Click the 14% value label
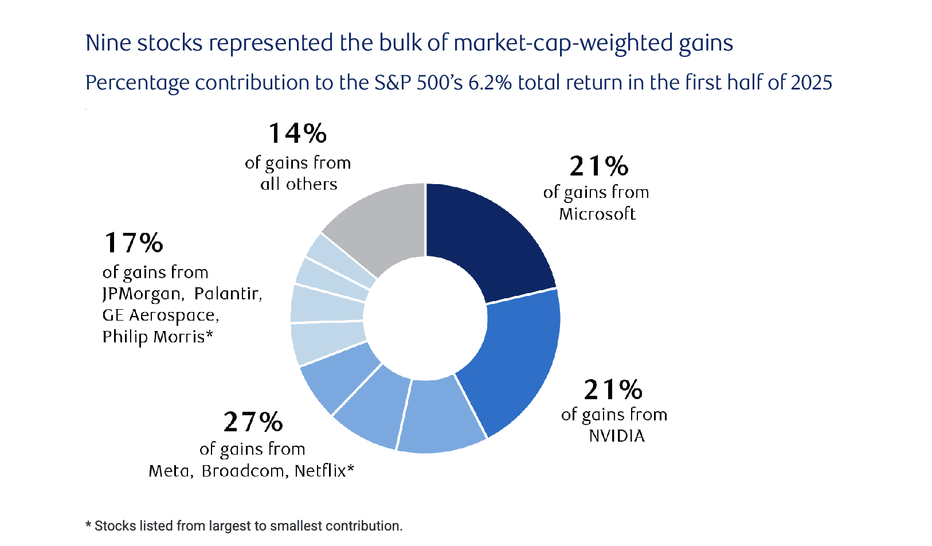[297, 134]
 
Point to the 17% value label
[133, 243]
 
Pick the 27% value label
[253, 422]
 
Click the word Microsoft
[597, 214]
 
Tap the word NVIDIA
[617, 436]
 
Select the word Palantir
[227, 294]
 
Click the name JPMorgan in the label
[142, 294]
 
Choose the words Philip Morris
[153, 337]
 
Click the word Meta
[169, 471]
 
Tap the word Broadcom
[244, 471]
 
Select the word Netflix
[320, 471]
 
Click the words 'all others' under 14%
[299, 184]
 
